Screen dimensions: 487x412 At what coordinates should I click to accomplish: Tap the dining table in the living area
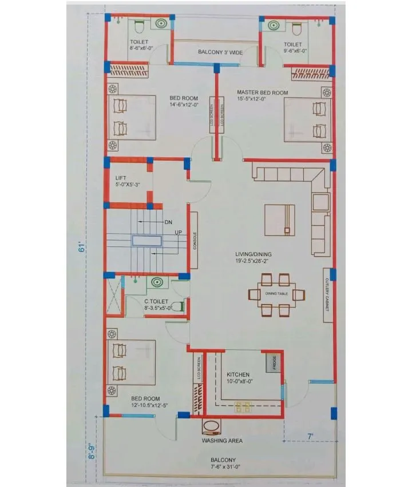coord(276,294)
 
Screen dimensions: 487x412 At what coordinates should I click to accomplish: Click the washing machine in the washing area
coord(211,428)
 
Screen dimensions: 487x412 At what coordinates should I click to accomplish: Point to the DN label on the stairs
coord(168,221)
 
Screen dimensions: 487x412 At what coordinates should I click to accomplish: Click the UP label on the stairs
coord(178,232)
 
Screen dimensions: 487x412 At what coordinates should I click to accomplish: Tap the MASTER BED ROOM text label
coord(263,92)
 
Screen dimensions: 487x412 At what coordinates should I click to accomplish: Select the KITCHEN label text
coord(237,374)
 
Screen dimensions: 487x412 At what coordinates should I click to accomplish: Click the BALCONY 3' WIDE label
coord(220,52)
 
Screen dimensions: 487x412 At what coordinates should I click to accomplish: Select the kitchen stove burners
coord(243,406)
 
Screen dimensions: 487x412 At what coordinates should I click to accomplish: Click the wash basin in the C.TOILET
coord(156,282)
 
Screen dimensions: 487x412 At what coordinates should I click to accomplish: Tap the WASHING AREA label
coord(222,441)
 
